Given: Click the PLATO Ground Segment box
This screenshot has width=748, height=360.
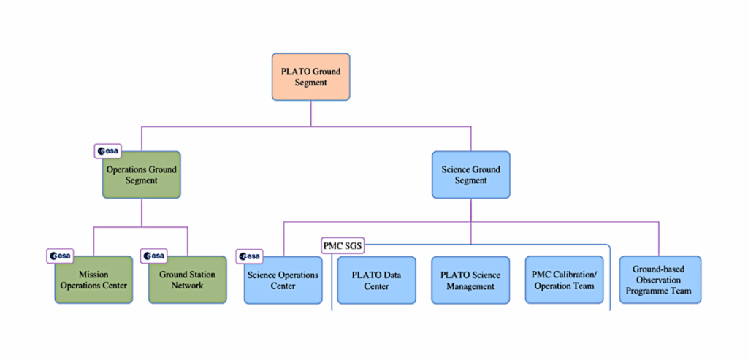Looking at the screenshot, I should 310,77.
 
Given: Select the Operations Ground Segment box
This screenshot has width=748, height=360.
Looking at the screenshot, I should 142,175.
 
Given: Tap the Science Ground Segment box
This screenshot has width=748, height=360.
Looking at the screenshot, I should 471,175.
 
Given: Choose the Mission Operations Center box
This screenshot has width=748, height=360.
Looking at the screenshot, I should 93,280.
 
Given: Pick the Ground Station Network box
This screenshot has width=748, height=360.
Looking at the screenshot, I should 187,280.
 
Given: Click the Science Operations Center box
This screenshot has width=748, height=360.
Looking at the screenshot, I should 283,280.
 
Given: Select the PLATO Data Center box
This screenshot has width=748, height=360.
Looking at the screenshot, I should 376,280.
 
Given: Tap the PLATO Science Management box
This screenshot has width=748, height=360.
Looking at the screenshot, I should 470,280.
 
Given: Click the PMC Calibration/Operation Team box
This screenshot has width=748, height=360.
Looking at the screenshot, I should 564,280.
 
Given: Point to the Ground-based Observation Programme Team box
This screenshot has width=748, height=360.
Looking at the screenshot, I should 660,280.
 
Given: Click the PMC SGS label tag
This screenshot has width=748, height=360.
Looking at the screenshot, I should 343,245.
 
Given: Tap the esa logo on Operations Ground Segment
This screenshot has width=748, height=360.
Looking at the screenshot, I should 108,151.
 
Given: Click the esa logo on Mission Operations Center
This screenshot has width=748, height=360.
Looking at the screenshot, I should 60,256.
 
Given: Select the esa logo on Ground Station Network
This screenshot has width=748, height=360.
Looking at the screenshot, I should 154,256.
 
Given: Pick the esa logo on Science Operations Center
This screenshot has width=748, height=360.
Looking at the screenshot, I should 249,256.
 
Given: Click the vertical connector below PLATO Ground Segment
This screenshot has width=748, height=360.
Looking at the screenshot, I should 310,113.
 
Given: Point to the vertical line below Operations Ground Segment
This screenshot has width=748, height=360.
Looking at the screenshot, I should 142,212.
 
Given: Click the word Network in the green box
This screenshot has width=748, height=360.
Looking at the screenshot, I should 187,286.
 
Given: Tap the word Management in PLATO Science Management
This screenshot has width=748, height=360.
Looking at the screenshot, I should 470,286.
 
